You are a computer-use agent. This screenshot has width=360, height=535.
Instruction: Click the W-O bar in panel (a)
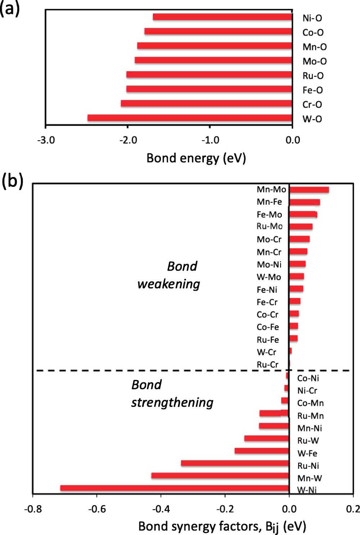[189, 118]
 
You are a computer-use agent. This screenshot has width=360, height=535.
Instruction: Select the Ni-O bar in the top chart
[222, 17]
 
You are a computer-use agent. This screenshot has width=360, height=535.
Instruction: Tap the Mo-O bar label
[314, 62]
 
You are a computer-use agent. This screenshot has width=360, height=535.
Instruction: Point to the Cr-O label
[312, 105]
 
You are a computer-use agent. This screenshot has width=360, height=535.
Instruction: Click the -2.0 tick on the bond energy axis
[128, 140]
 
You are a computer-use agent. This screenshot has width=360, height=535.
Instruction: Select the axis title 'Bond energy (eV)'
[196, 158]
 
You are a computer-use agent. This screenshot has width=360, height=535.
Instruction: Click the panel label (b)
[12, 181]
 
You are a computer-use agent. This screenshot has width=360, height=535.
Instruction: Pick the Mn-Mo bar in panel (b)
[309, 190]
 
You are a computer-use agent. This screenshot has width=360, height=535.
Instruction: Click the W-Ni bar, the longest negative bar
[175, 488]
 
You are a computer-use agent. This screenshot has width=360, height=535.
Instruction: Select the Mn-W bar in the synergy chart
[220, 476]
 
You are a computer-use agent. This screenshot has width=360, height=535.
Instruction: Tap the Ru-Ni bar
[235, 463]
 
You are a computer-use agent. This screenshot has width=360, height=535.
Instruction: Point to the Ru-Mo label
[269, 226]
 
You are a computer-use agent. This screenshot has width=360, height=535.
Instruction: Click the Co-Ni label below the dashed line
[308, 378]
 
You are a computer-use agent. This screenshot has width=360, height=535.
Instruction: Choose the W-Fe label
[307, 453]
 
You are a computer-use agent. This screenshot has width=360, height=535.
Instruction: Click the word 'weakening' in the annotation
[168, 284]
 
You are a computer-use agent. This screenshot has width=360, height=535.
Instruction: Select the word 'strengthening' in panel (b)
[172, 403]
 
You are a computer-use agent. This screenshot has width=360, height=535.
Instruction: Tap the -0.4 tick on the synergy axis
[161, 509]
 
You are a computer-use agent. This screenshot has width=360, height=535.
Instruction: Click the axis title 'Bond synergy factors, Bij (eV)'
[222, 526]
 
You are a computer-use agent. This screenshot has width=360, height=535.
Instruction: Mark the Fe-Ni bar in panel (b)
[296, 289]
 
